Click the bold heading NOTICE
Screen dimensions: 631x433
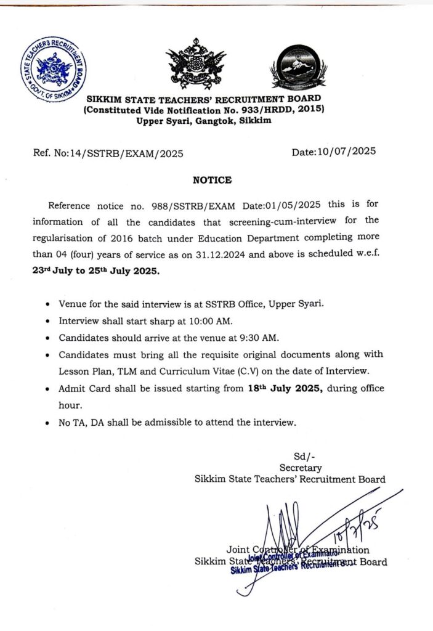point(212,180)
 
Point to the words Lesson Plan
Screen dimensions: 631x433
point(85,372)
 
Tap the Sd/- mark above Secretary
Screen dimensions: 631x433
point(300,457)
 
